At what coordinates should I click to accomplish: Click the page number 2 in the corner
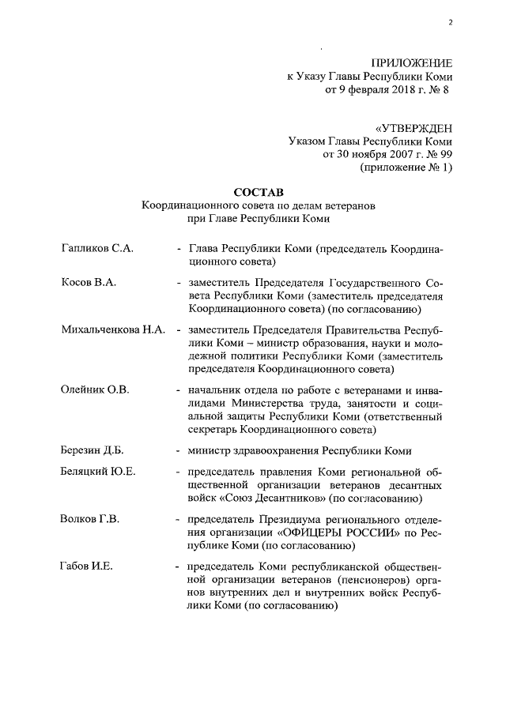click(x=450, y=21)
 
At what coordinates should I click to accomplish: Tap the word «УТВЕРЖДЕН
click(x=413, y=126)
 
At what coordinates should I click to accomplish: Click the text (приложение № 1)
click(x=406, y=168)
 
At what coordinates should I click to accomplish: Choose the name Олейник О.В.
click(x=94, y=389)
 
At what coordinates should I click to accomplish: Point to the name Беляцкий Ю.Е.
click(x=98, y=472)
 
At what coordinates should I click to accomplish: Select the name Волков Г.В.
click(x=90, y=519)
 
